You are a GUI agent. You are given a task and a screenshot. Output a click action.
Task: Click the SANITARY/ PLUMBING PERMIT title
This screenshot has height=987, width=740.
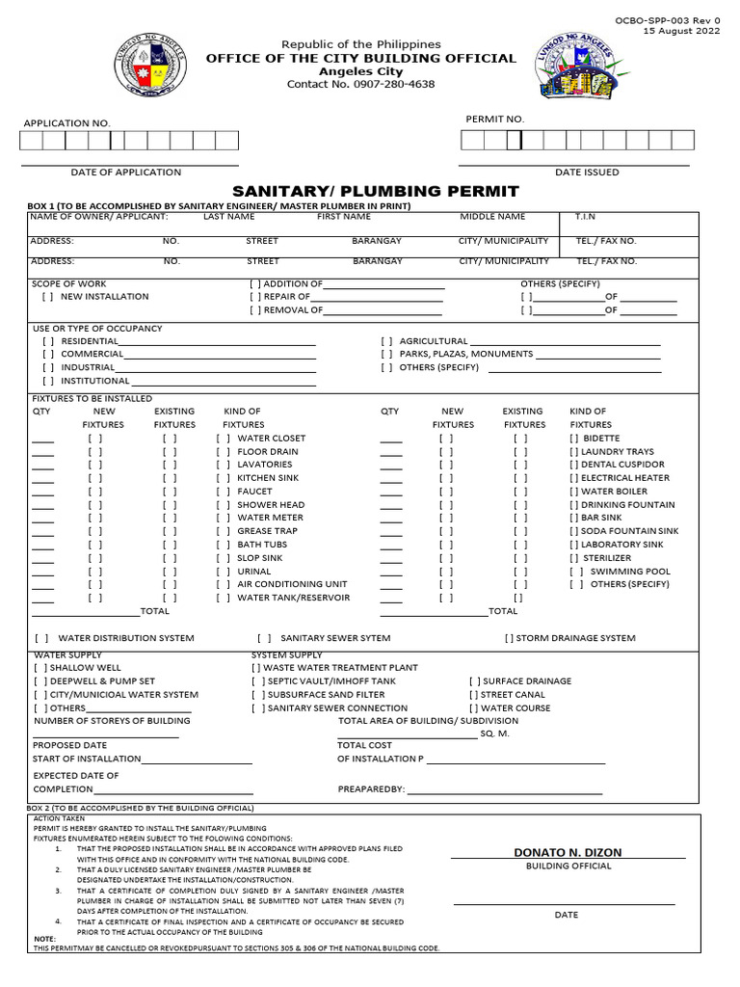click(376, 191)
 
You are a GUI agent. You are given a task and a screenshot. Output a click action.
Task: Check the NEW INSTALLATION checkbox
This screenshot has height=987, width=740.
click(47, 297)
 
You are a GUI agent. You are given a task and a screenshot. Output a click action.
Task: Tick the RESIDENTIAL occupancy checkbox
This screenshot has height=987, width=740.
click(47, 341)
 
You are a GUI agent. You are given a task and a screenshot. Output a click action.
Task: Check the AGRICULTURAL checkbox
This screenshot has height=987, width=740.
click(386, 341)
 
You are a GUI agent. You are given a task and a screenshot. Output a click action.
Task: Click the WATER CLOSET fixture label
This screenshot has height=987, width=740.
click(271, 439)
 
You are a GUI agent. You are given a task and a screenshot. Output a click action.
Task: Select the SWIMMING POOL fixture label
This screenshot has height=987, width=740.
click(630, 572)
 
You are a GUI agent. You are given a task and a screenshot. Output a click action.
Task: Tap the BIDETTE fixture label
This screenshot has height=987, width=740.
click(601, 439)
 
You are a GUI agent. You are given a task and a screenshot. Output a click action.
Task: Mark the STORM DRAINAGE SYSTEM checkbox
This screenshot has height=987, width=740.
click(510, 638)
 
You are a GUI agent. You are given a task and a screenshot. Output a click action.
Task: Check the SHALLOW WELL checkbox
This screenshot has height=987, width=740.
click(40, 667)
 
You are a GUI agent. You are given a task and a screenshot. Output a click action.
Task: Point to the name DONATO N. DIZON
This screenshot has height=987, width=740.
click(568, 853)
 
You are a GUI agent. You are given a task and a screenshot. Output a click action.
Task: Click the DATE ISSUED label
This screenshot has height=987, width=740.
click(587, 173)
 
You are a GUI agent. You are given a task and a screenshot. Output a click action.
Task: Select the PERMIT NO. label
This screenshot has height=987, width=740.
click(495, 119)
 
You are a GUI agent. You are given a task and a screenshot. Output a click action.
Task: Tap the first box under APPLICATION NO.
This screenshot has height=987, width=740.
click(32, 142)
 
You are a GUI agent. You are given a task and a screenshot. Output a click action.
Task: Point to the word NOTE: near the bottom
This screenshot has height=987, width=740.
click(45, 939)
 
